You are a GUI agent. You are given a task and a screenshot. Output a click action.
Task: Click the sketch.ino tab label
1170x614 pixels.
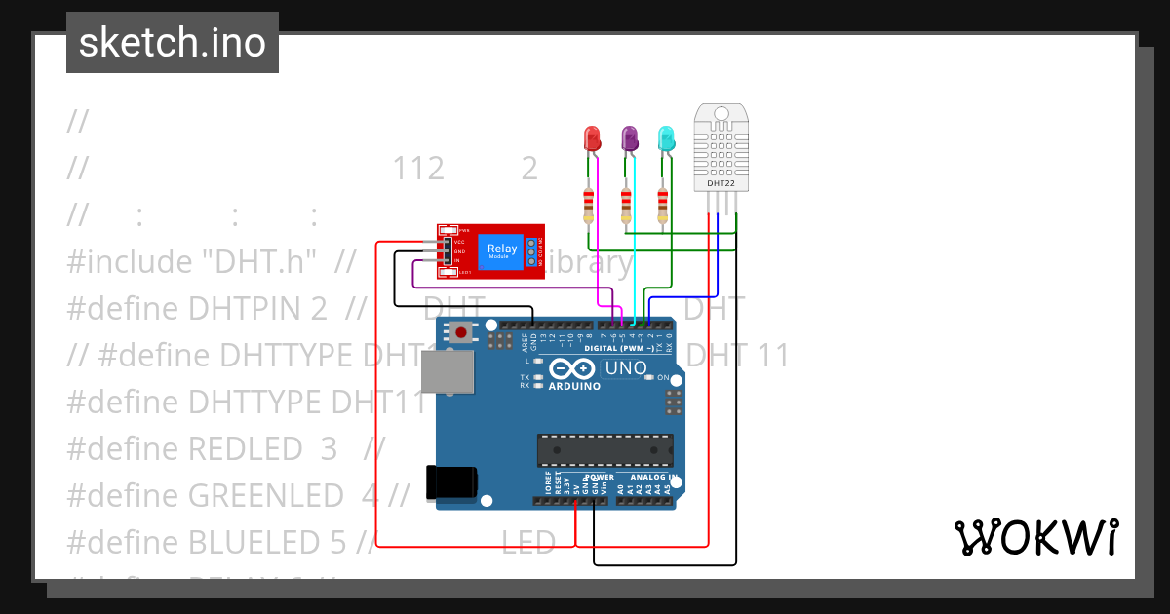[x=172, y=43]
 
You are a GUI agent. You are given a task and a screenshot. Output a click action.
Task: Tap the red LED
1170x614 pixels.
[x=592, y=139]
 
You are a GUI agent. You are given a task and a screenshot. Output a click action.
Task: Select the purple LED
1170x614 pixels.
[x=630, y=139]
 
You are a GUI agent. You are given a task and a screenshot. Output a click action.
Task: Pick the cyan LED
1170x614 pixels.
[x=666, y=139]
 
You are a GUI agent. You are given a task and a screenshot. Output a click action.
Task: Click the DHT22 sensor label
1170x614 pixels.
[x=721, y=182]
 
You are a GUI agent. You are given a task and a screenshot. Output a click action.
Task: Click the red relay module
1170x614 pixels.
[x=490, y=251]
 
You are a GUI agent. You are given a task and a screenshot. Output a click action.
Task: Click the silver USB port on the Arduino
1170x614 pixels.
[x=447, y=373]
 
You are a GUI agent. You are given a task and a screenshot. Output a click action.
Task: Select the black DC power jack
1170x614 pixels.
[x=451, y=484]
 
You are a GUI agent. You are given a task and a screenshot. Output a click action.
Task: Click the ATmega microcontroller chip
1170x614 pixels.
[x=604, y=449]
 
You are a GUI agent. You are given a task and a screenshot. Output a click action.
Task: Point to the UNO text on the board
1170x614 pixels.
[x=625, y=368]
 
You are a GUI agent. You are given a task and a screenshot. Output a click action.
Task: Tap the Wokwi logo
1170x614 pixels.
[x=1035, y=537]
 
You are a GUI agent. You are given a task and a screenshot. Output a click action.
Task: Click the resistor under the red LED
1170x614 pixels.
[x=588, y=205]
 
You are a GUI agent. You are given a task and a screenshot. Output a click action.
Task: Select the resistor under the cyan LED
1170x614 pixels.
[x=663, y=205]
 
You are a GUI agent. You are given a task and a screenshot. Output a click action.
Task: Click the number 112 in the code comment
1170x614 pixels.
[x=418, y=169]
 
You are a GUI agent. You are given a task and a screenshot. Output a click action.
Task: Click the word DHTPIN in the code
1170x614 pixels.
[x=257, y=309]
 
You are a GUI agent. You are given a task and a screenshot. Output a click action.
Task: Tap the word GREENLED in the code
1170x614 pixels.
[x=265, y=496]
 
